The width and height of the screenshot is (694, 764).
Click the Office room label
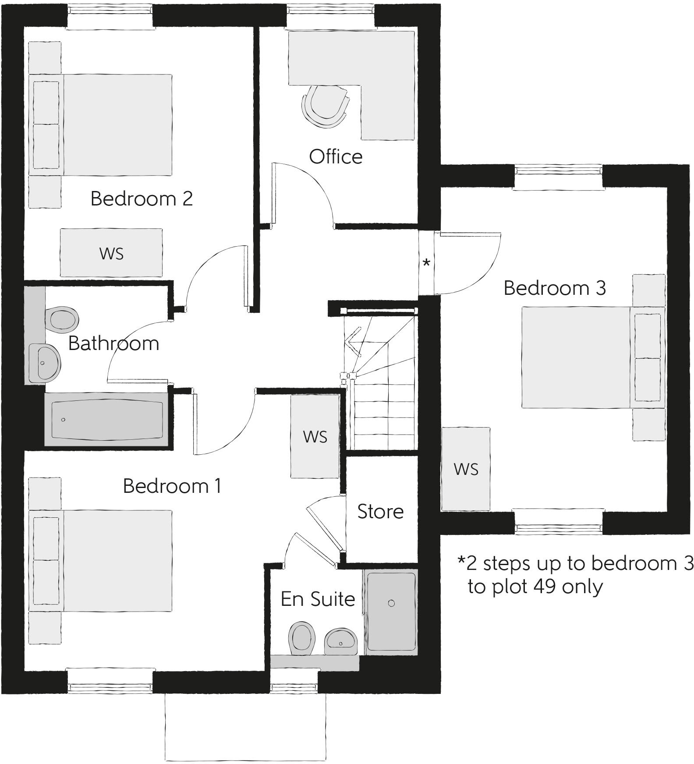pyautogui.click(x=336, y=157)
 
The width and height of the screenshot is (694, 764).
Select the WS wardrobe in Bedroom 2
pyautogui.click(x=111, y=253)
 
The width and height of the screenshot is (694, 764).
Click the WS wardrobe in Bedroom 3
pyautogui.click(x=465, y=469)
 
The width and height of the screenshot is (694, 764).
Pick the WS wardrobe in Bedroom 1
pyautogui.click(x=315, y=436)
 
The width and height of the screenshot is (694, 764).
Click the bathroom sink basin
pyautogui.click(x=45, y=362)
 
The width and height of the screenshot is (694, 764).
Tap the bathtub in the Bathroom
pyautogui.click(x=107, y=420)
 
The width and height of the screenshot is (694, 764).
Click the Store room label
pyautogui.click(x=380, y=511)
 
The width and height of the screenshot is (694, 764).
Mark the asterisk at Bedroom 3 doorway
pyautogui.click(x=426, y=263)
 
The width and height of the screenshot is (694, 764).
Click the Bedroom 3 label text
pyautogui.click(x=555, y=288)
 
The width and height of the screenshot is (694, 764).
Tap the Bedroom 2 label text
pyautogui.click(x=142, y=198)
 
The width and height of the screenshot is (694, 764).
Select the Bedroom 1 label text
pyautogui.click(x=172, y=486)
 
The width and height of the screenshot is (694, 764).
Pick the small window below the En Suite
pyautogui.click(x=294, y=687)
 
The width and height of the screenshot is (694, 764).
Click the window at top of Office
pyautogui.click(x=331, y=17)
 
